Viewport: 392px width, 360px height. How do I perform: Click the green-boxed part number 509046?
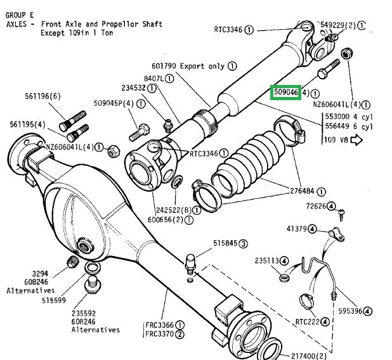pos(285,93)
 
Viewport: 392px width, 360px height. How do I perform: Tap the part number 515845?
pos(220,243)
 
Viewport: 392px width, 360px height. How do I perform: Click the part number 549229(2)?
pos(338,25)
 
